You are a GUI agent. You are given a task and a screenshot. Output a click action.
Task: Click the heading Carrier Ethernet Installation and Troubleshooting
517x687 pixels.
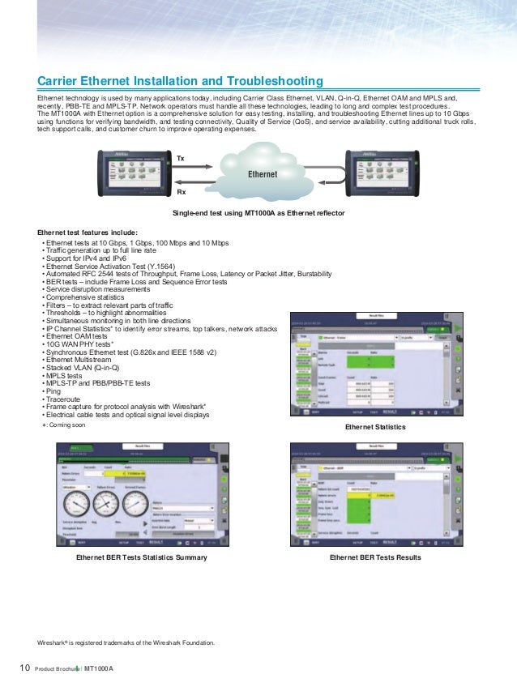[x=181, y=81]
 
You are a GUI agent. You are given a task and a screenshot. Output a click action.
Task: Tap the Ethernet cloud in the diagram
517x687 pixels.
[x=261, y=171]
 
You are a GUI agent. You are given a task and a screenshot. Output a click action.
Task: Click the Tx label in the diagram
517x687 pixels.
[x=181, y=156]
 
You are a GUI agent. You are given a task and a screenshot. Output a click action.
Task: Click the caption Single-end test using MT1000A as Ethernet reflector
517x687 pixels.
[x=258, y=212]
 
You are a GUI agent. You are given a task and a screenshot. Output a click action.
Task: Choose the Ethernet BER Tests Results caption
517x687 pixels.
[x=375, y=558]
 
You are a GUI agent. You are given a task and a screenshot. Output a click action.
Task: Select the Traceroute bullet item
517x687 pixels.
[x=63, y=399]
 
